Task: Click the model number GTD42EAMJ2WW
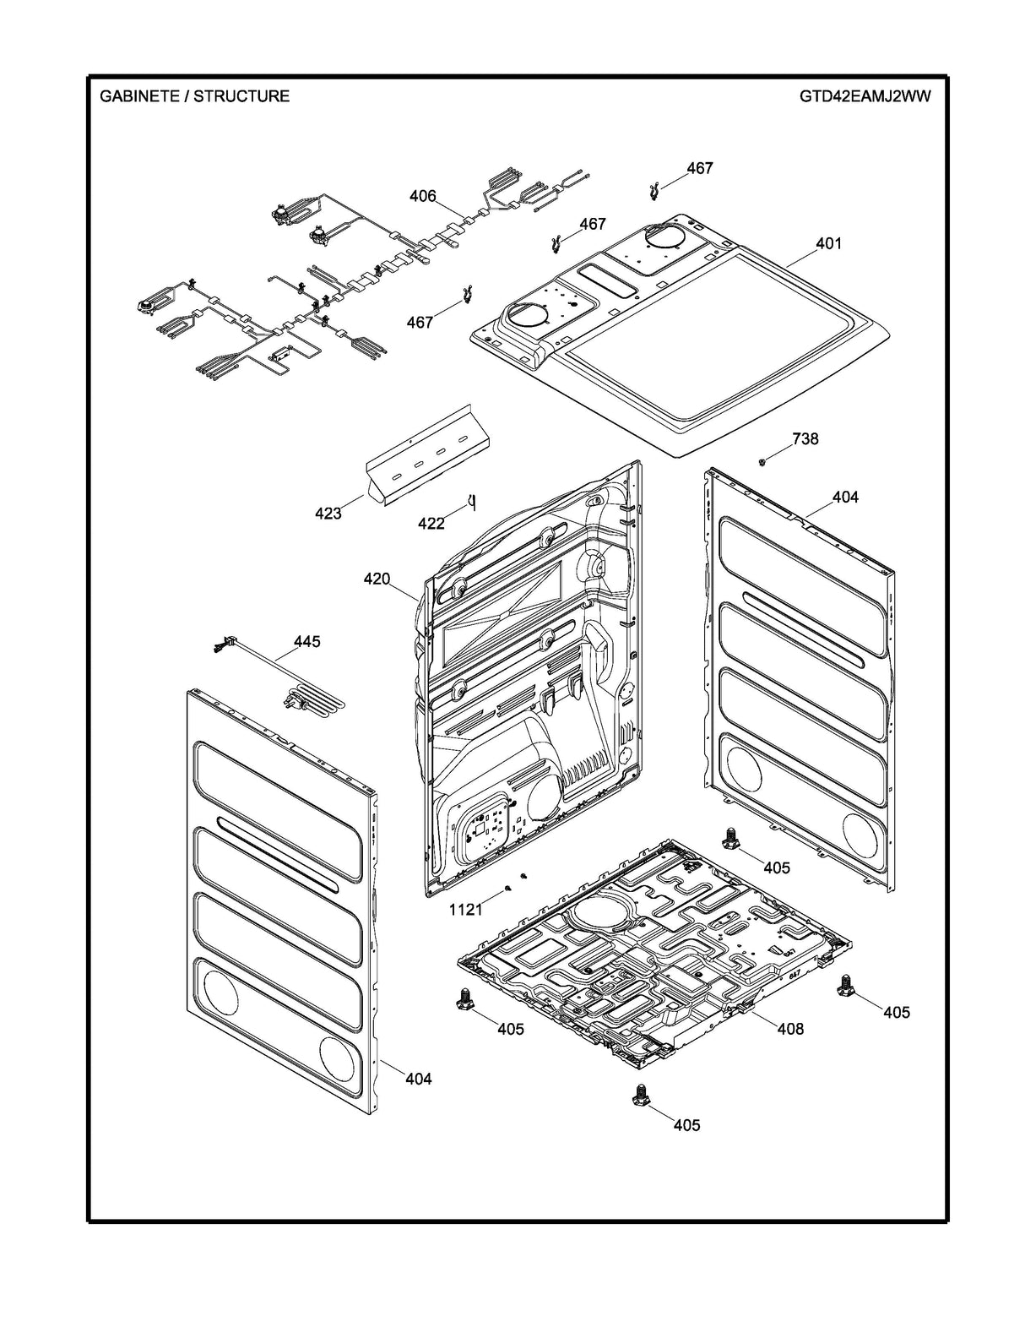pyautogui.click(x=865, y=96)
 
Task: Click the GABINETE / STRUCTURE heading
pyautogui.click(x=194, y=96)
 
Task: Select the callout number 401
pyautogui.click(x=828, y=243)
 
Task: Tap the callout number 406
pyautogui.click(x=423, y=196)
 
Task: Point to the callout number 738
pyautogui.click(x=805, y=438)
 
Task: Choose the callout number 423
pyautogui.click(x=328, y=513)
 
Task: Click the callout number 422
pyautogui.click(x=431, y=524)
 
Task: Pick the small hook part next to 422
pyautogui.click(x=471, y=504)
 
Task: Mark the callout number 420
pyautogui.click(x=377, y=579)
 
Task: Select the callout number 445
pyautogui.click(x=306, y=642)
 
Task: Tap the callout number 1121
pyautogui.click(x=465, y=909)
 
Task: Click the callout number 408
pyautogui.click(x=790, y=1029)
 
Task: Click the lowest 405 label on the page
pyautogui.click(x=686, y=1125)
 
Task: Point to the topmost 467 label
pyautogui.click(x=699, y=168)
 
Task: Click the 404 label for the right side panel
pyautogui.click(x=845, y=498)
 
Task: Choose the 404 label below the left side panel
pyautogui.click(x=418, y=1079)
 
